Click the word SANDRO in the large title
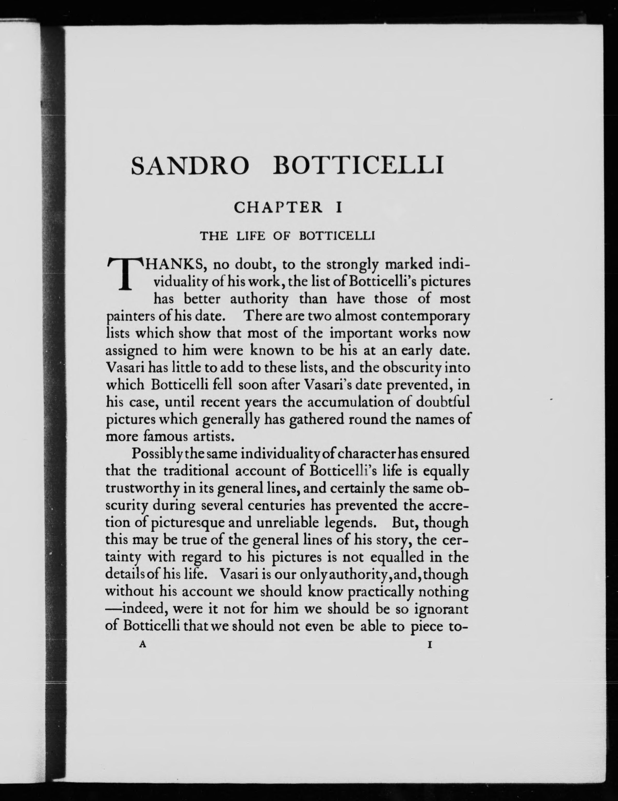[189, 165]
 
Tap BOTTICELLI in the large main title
[358, 165]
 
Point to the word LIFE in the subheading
[250, 236]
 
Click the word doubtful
[443, 402]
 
